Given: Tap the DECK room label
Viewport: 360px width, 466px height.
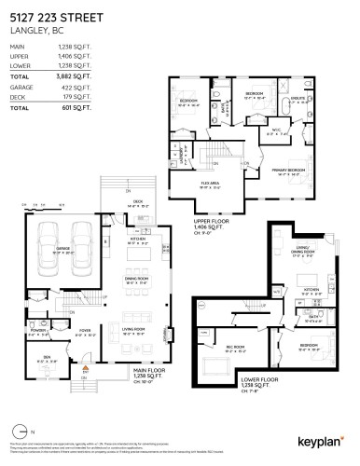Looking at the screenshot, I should coord(136,202).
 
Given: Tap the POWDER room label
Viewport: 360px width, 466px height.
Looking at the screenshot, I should coord(38,329).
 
